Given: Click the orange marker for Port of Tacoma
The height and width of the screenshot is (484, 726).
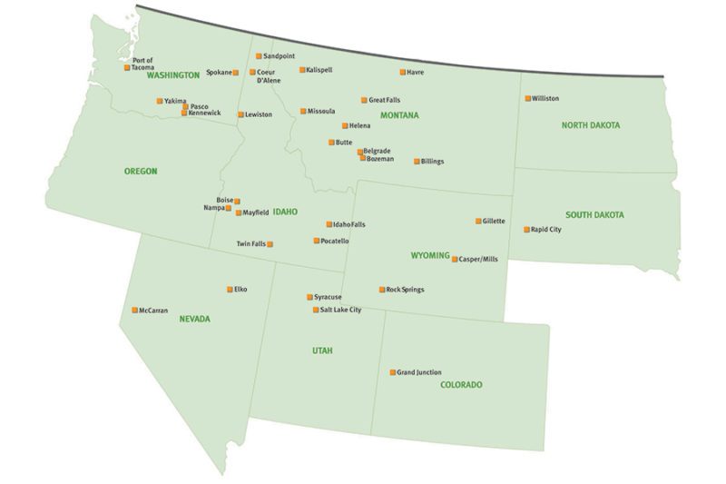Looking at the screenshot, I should click(x=127, y=67).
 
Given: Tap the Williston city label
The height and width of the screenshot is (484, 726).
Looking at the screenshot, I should click(x=545, y=98).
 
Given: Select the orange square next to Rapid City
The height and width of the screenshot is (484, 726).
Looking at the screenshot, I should click(x=526, y=230).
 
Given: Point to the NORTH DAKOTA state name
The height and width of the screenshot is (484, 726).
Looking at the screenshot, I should click(x=590, y=125).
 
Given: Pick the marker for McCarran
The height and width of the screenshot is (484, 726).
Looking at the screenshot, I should click(x=135, y=310).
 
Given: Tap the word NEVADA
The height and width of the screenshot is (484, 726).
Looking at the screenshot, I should click(x=194, y=319).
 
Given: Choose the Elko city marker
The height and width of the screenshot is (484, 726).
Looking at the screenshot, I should click(x=230, y=290).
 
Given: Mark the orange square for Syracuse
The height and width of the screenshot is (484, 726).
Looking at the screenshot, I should click(x=309, y=297).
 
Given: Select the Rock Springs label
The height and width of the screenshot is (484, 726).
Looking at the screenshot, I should click(x=405, y=290).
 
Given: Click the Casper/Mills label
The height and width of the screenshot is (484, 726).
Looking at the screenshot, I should click(x=478, y=259).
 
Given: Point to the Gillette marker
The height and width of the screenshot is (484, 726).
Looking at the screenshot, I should click(x=478, y=221).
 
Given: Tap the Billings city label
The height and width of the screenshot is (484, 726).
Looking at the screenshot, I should click(x=433, y=162).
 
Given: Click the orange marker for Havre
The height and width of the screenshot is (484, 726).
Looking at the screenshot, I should click(x=403, y=72).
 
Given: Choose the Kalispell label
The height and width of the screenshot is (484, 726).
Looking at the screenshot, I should click(x=320, y=69).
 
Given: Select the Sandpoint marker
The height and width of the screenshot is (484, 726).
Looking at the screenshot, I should click(x=258, y=56).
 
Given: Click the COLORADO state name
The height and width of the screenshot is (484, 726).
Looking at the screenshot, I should click(x=461, y=385).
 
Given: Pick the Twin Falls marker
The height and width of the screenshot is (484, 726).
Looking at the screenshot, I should click(x=270, y=244).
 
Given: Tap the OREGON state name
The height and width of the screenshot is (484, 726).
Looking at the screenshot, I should click(x=141, y=171).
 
